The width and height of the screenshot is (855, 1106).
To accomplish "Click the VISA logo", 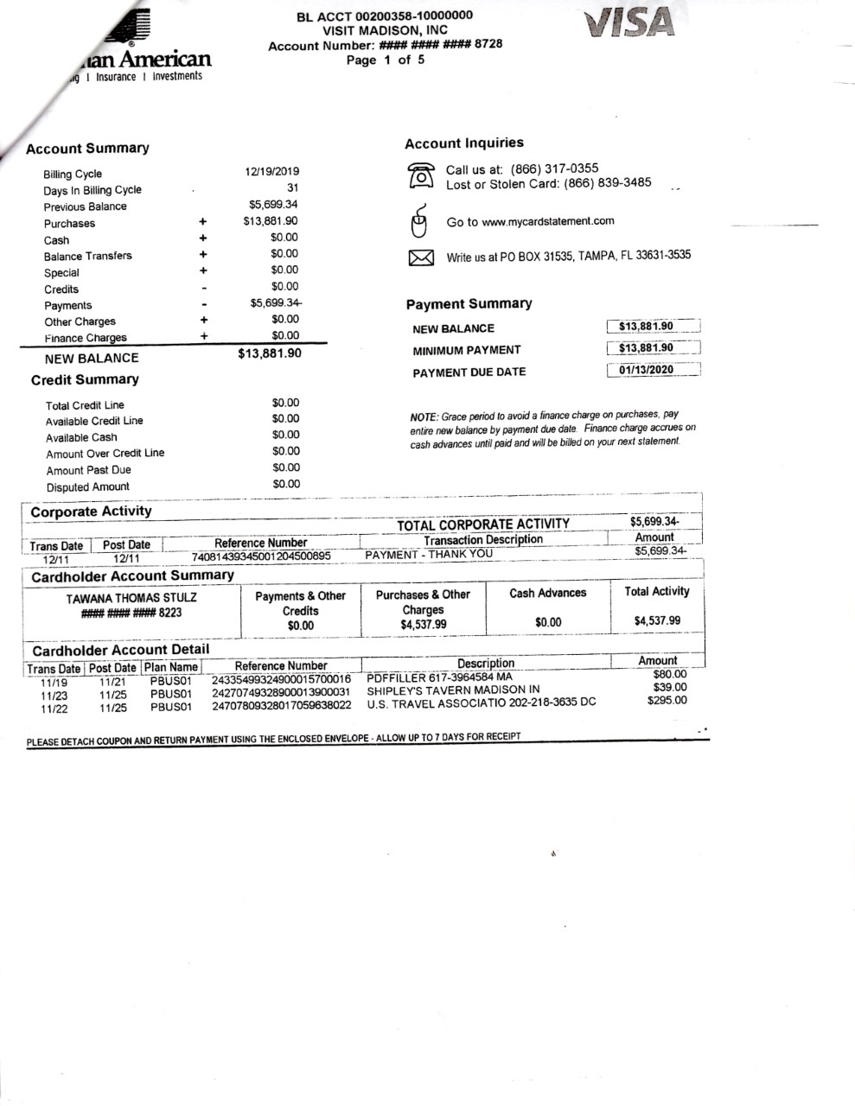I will (x=628, y=22).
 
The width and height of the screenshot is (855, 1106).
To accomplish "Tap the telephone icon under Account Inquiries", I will (x=421, y=175).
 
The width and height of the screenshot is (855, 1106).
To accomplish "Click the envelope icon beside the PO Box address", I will (x=420, y=257).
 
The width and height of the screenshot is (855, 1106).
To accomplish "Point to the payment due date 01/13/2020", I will (x=646, y=370).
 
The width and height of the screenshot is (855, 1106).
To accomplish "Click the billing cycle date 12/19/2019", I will (x=272, y=172).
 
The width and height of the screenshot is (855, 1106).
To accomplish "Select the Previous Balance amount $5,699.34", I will (x=273, y=205).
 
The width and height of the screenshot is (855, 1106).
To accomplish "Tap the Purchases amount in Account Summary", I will (x=271, y=221).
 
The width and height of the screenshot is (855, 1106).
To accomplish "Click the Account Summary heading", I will (x=87, y=149).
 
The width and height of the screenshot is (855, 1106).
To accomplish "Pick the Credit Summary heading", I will (x=85, y=380).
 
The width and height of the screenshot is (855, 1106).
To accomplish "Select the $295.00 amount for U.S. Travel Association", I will (x=667, y=701).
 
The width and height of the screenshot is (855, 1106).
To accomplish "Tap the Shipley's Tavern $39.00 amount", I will (x=670, y=688).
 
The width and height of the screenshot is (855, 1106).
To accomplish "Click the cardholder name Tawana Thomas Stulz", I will (x=131, y=598).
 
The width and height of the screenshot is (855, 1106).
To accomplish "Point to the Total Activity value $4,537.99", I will (x=657, y=620).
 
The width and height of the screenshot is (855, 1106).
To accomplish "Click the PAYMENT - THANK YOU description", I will (x=429, y=555).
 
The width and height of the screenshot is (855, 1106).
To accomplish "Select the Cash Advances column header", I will (x=547, y=594).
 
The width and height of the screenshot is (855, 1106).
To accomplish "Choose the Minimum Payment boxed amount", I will (x=646, y=348).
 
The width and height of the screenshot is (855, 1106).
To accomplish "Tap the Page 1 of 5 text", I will (x=386, y=60).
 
